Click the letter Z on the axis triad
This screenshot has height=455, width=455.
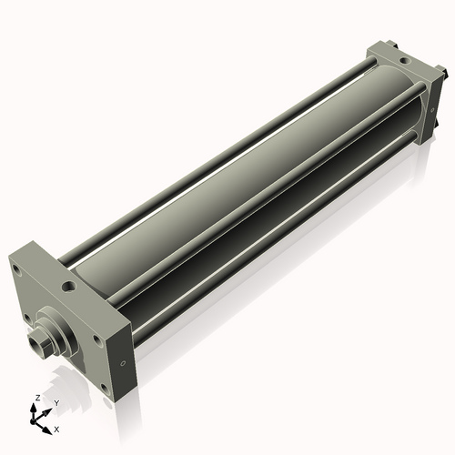click(x=35, y=399)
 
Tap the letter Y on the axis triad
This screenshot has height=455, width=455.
click(x=56, y=402)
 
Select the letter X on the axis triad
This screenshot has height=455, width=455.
click(x=57, y=428)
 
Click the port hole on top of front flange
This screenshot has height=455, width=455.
click(x=69, y=288)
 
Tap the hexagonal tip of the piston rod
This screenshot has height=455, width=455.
click(x=39, y=345)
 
